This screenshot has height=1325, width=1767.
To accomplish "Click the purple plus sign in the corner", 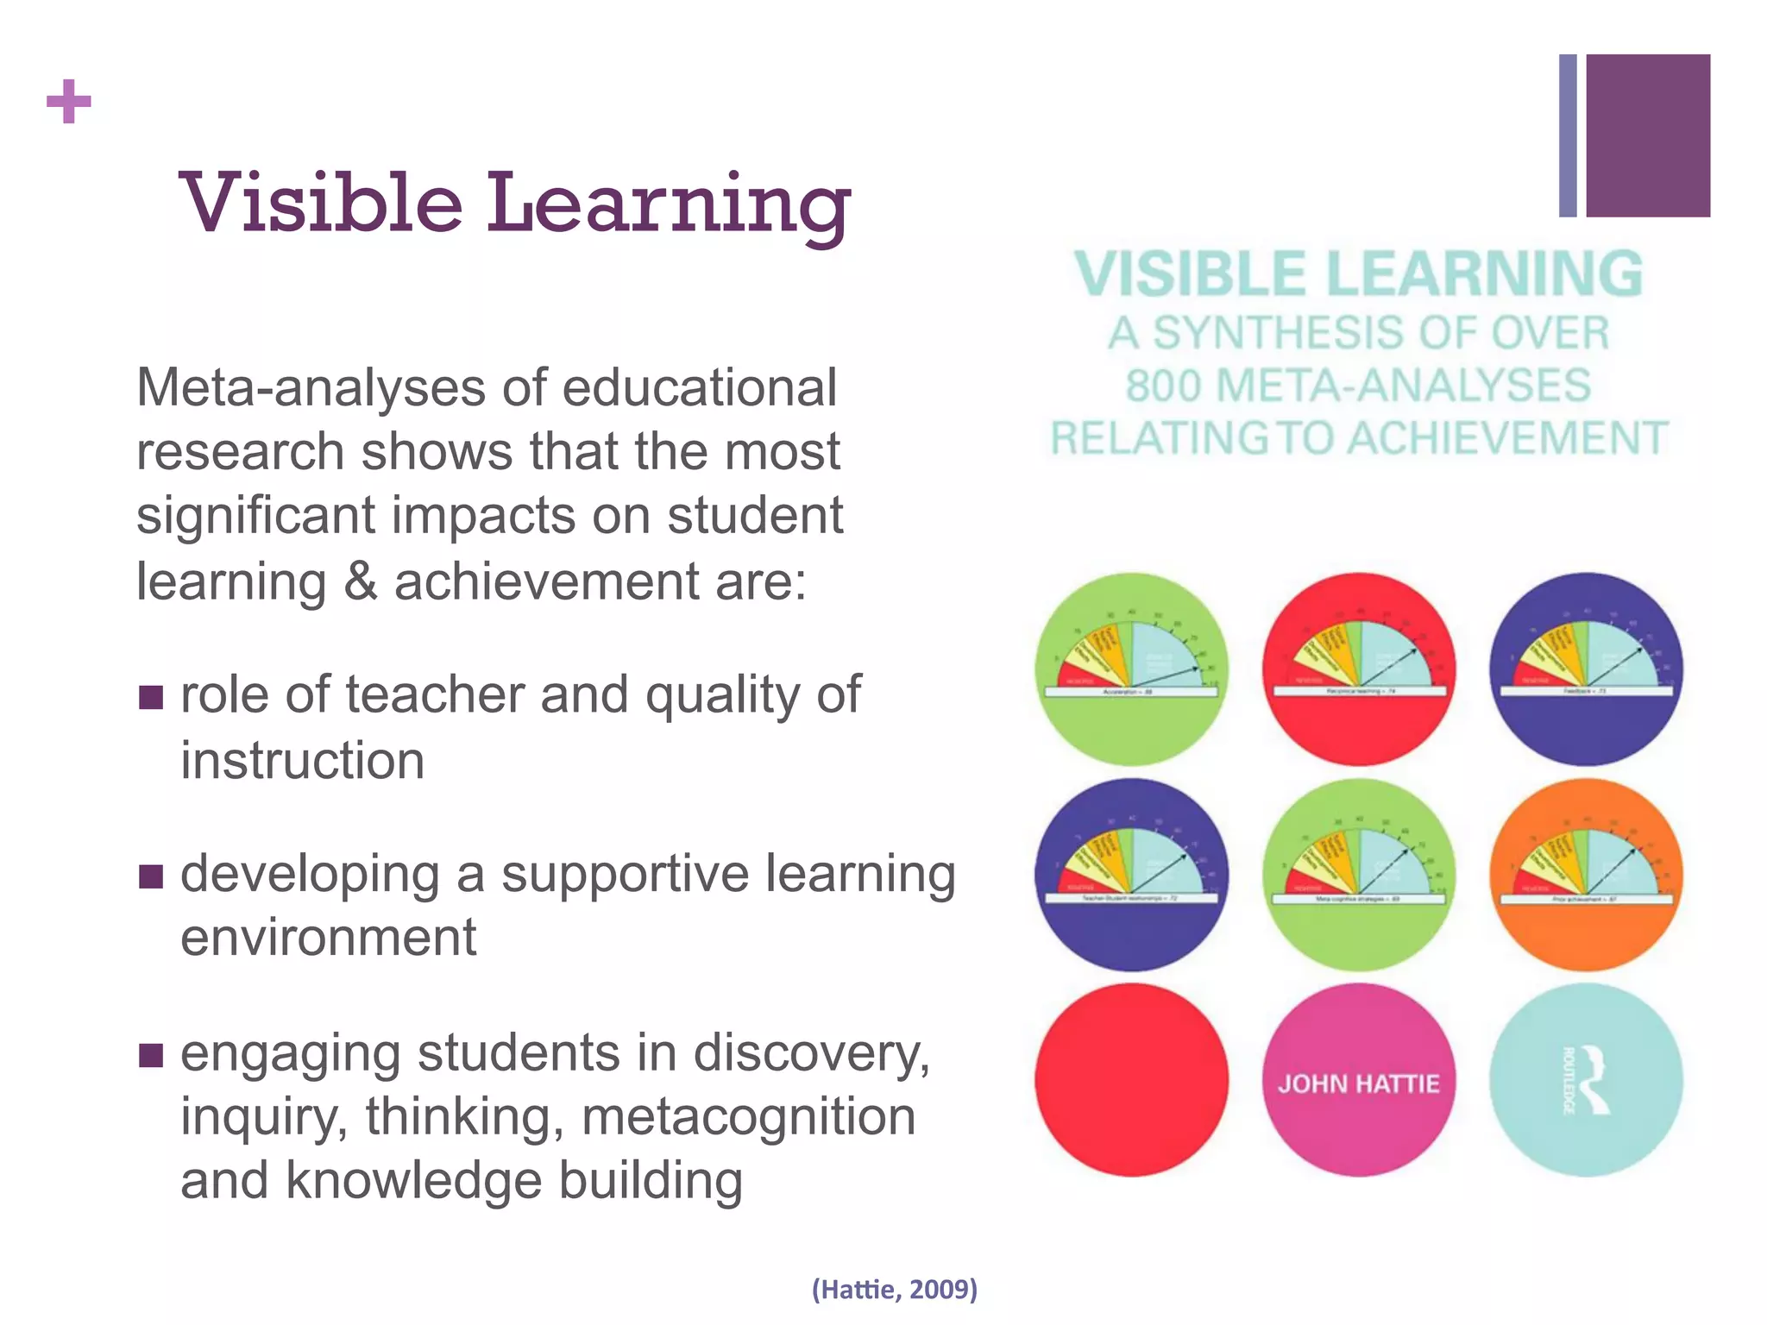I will [x=69, y=102].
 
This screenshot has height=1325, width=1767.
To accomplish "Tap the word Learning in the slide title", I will [x=669, y=207].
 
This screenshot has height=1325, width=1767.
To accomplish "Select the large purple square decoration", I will [x=1648, y=135].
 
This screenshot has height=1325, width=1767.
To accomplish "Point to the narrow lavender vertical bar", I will [x=1568, y=135].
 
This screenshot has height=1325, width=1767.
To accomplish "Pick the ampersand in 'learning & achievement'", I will [x=360, y=581].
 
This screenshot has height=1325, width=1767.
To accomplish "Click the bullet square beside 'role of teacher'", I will [x=151, y=697].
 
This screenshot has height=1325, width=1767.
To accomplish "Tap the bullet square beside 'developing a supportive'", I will [x=151, y=876].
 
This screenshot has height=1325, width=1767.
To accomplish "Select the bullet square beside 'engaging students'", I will [x=151, y=1055].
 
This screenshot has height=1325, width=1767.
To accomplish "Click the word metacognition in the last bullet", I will [x=748, y=1117].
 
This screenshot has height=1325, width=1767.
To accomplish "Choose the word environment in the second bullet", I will [x=328, y=938].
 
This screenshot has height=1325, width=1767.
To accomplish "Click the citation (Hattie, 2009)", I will [x=894, y=1289].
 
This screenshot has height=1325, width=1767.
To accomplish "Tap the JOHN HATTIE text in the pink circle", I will [x=1358, y=1083].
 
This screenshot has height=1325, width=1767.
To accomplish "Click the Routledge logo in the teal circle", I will [x=1586, y=1080].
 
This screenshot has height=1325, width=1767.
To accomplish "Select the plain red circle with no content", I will [x=1131, y=1080].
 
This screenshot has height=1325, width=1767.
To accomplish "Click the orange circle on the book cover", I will [x=1586, y=875].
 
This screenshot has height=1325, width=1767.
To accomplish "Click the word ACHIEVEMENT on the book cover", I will [x=1507, y=438].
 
